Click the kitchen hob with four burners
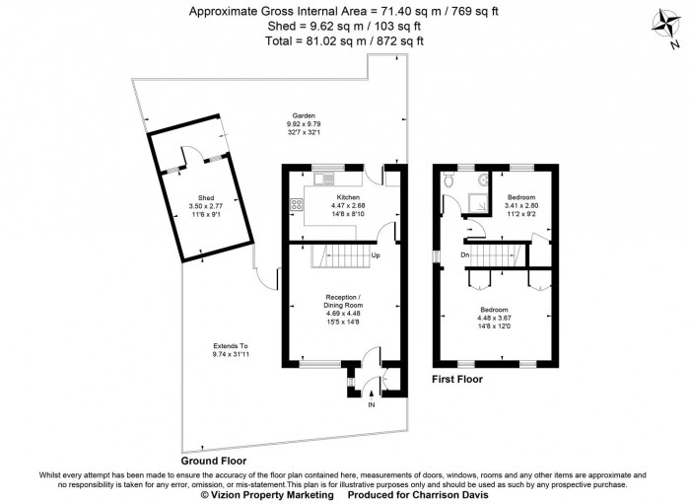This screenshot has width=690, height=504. [295, 205]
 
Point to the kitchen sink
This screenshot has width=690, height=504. [324, 178]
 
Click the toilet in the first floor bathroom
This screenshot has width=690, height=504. [449, 182]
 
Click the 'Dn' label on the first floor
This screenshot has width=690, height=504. [464, 255]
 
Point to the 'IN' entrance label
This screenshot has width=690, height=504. [372, 404]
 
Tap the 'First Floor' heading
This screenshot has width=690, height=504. [457, 379]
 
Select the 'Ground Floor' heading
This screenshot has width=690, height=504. [213, 461]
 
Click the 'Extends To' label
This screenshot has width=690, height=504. [231, 345]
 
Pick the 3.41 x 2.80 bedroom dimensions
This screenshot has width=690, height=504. [521, 205]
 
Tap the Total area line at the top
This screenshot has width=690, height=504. [345, 40]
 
